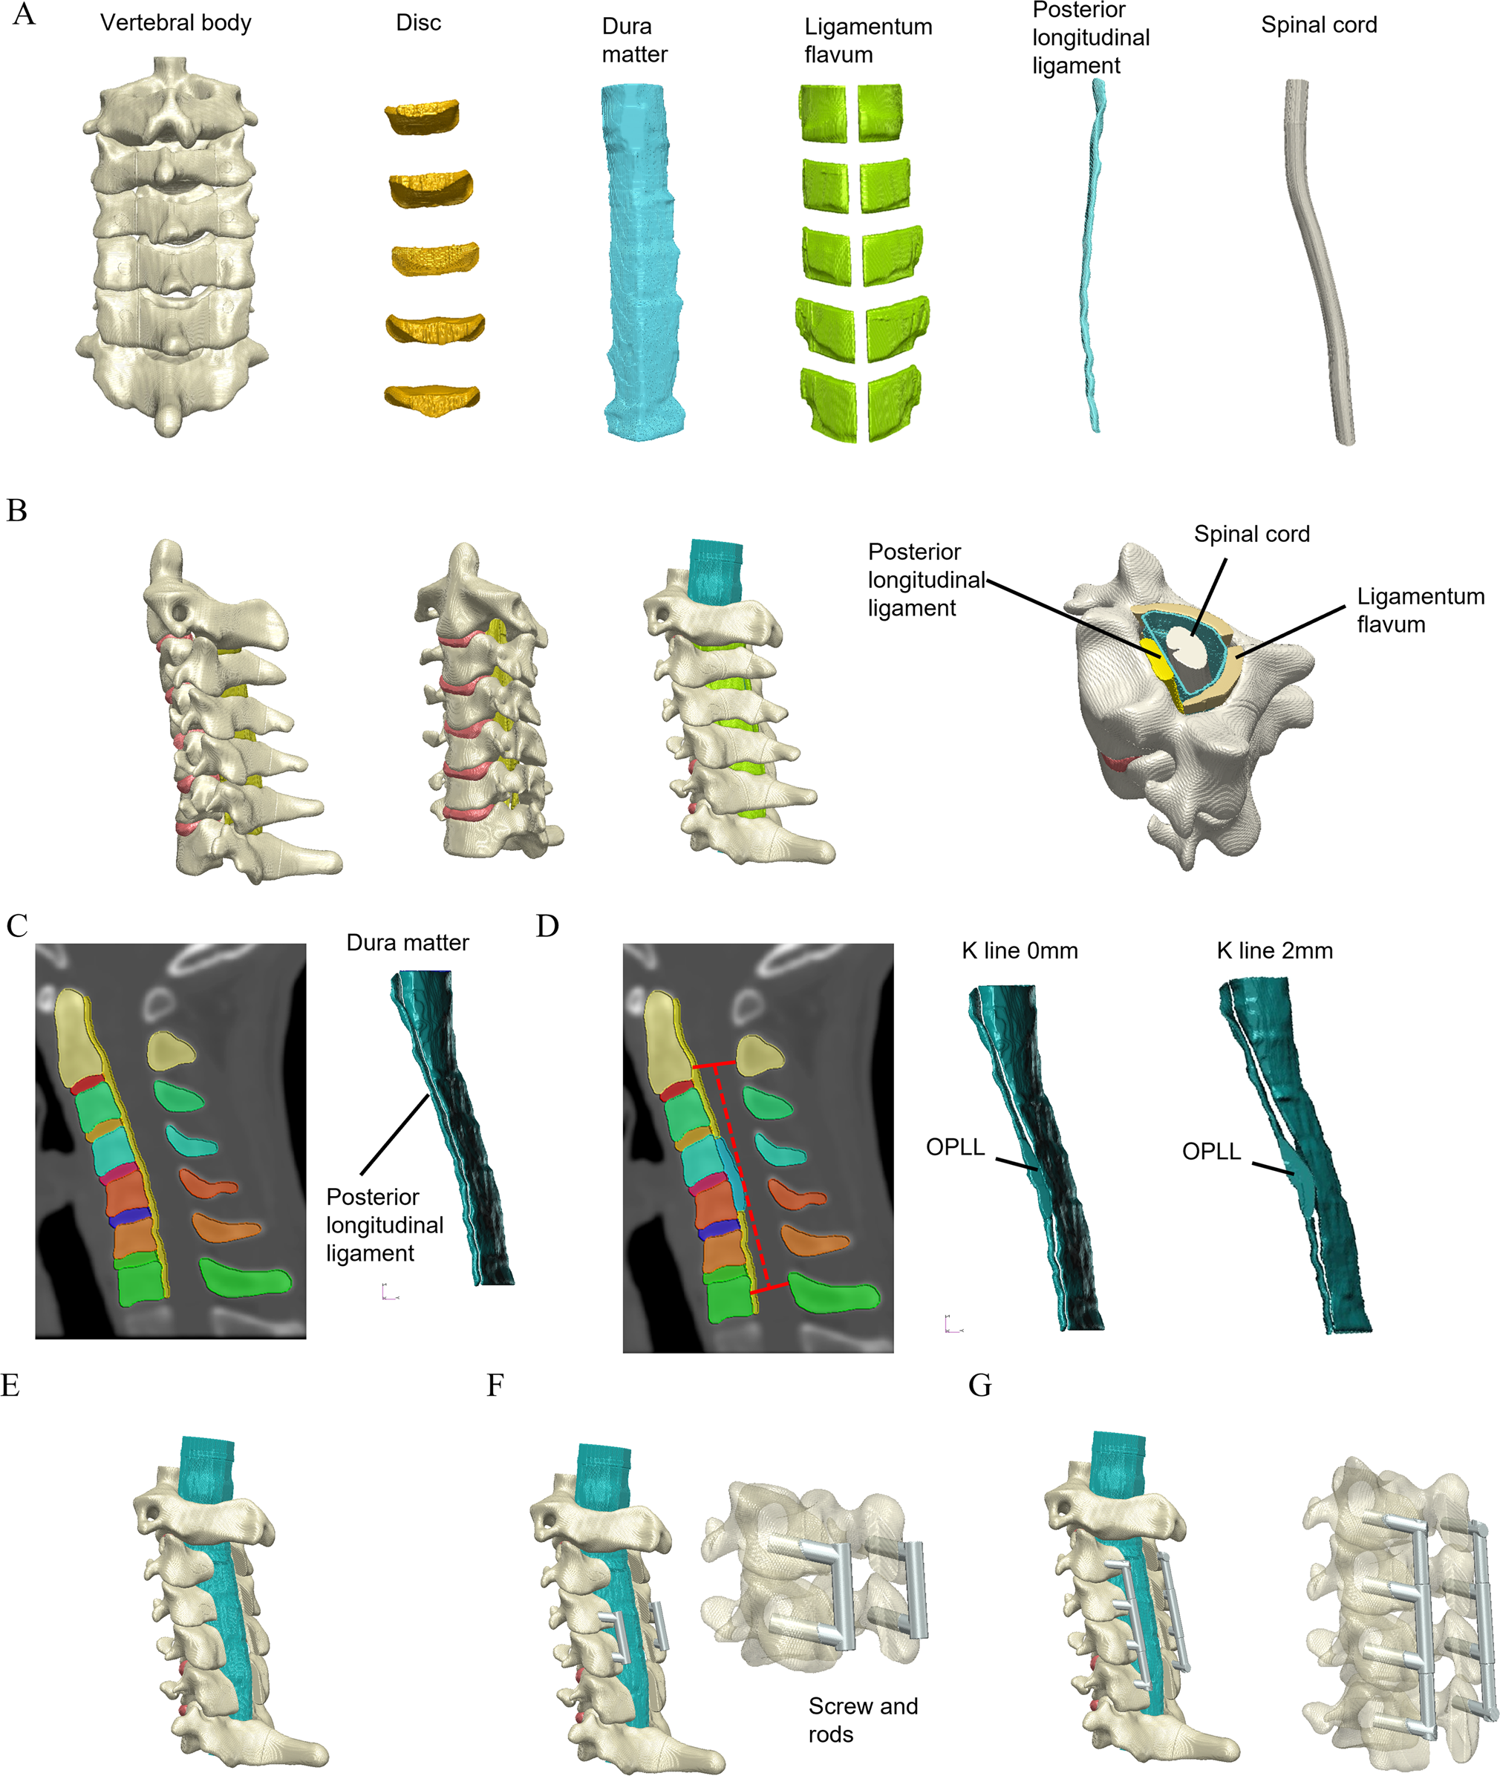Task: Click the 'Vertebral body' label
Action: (x=175, y=23)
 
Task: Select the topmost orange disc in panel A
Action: (x=422, y=117)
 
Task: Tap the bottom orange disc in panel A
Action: (x=432, y=398)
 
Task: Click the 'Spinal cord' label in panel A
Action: (x=1318, y=25)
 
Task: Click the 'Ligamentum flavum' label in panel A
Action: (x=867, y=41)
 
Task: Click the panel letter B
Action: (x=17, y=510)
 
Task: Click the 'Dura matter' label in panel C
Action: (x=408, y=943)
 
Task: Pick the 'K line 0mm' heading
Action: (x=1019, y=950)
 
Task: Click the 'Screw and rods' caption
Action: (x=862, y=1719)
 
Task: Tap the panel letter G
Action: (x=979, y=1385)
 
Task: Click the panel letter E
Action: (x=10, y=1385)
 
